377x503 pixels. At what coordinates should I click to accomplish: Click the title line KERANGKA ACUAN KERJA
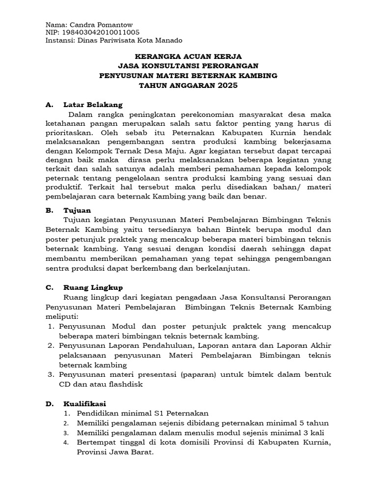(x=188, y=56)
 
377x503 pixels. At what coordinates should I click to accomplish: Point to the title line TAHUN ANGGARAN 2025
(x=188, y=85)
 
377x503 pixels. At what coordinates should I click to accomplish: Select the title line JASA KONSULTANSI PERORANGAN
(x=188, y=66)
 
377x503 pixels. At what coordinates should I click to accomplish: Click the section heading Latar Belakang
(x=93, y=105)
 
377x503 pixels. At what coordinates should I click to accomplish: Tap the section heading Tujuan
(x=77, y=210)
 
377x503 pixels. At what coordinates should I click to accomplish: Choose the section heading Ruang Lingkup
(x=93, y=287)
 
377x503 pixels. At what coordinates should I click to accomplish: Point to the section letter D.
(x=48, y=403)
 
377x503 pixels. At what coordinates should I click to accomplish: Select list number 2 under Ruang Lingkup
(x=51, y=346)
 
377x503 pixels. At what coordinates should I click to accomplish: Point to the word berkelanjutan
(x=221, y=268)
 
